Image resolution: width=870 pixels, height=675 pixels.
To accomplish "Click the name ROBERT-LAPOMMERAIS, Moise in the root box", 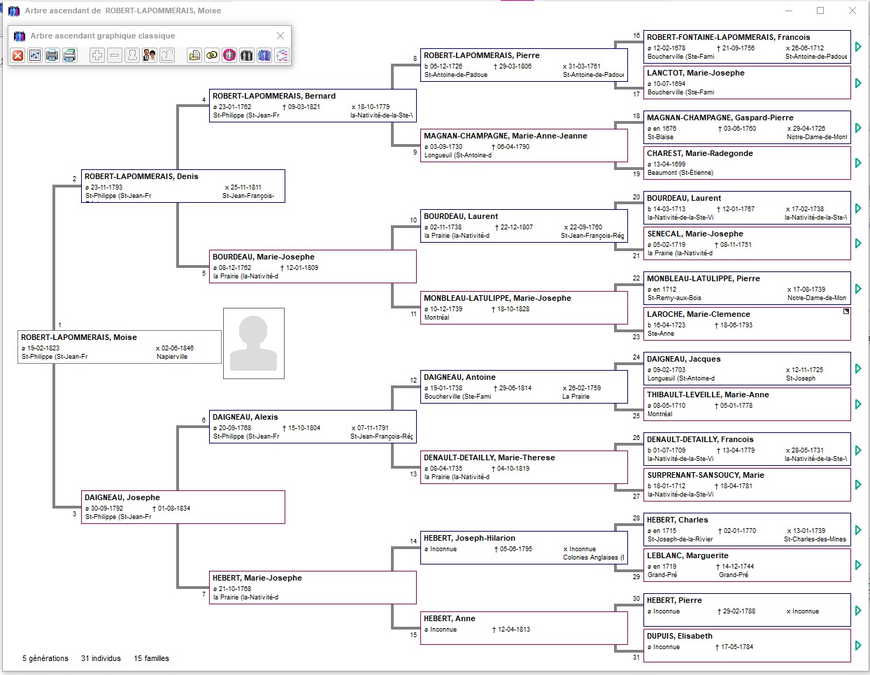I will pyautogui.click(x=79, y=337).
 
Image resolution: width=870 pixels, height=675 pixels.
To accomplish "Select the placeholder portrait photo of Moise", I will pyautogui.click(x=254, y=343).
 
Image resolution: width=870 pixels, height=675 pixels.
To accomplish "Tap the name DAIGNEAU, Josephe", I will pyautogui.click(x=122, y=497).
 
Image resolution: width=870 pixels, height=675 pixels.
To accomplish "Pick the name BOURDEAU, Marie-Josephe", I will pyautogui.click(x=264, y=257).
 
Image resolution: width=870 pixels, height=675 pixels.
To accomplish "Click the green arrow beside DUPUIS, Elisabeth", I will pyautogui.click(x=858, y=645).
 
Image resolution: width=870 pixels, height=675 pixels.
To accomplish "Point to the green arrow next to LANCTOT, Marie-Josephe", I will pyautogui.click(x=858, y=83).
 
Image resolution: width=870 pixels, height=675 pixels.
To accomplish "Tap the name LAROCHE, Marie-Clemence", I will pyautogui.click(x=698, y=314).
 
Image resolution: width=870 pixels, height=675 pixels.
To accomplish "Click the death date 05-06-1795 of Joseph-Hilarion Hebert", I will pyautogui.click(x=515, y=549).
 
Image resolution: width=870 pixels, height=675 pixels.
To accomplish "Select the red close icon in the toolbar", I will pyautogui.click(x=18, y=55).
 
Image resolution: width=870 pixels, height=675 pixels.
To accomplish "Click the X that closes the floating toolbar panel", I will pyautogui.click(x=280, y=36).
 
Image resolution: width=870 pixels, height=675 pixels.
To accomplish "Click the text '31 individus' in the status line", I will pyautogui.click(x=101, y=658).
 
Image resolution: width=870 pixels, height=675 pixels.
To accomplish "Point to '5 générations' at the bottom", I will pyautogui.click(x=45, y=658).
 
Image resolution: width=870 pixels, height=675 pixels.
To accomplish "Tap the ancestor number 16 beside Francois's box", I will pyautogui.click(x=636, y=36).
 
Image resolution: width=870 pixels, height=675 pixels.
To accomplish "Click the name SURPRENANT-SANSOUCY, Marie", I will pyautogui.click(x=705, y=475).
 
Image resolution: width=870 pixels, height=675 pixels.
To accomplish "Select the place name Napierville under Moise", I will pyautogui.click(x=172, y=357).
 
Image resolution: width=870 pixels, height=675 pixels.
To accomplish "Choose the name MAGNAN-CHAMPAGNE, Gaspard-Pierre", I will pyautogui.click(x=720, y=118).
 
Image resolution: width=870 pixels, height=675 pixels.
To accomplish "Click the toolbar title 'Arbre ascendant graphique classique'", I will pyautogui.click(x=103, y=36).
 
